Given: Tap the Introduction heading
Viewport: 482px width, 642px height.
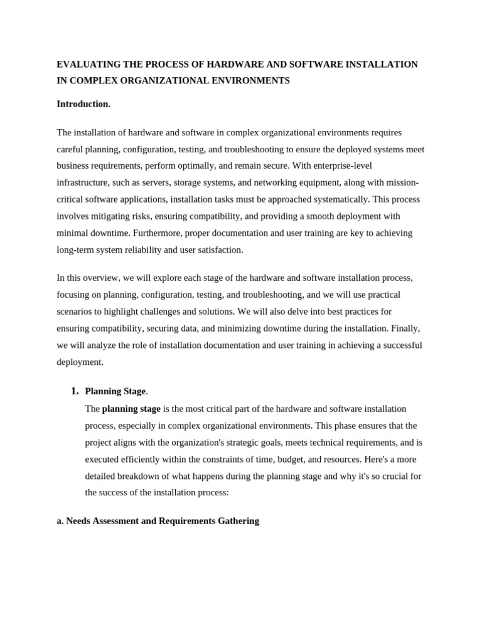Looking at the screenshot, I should (x=83, y=104).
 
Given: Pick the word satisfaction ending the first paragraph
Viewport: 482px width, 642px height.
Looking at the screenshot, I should (x=221, y=250).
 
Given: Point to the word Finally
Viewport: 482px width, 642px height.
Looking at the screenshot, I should (x=406, y=328).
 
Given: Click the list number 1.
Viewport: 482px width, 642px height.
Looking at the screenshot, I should (x=75, y=391).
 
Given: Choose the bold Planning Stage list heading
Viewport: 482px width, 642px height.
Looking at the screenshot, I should (x=115, y=391).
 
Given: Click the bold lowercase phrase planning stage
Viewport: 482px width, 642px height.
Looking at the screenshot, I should (x=131, y=409).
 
